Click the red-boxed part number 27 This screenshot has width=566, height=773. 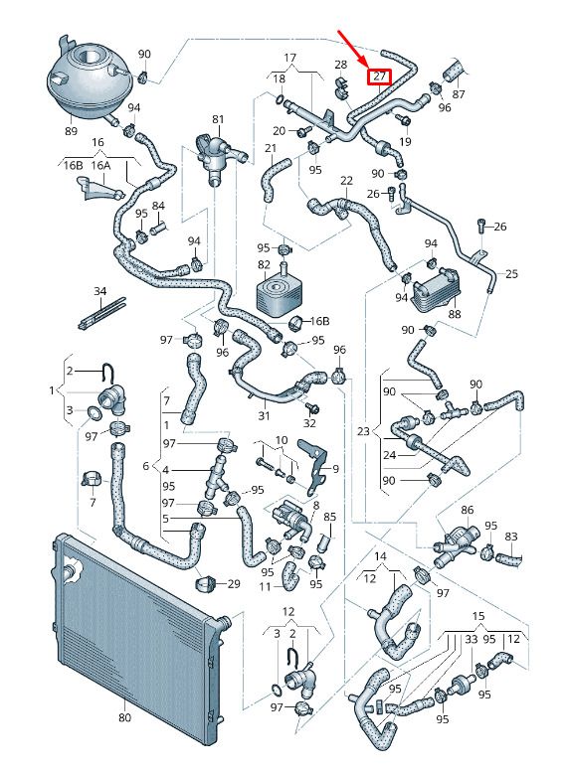pyautogui.click(x=379, y=77)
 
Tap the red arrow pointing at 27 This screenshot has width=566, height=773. pyautogui.click(x=353, y=49)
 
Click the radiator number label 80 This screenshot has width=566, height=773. pyautogui.click(x=125, y=717)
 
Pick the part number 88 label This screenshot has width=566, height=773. pyautogui.click(x=454, y=314)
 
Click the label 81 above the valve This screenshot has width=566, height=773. pyautogui.click(x=218, y=119)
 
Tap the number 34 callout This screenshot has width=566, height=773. pyautogui.click(x=100, y=291)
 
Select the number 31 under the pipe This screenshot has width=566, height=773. pyautogui.click(x=264, y=415)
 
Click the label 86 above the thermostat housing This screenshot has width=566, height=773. pyautogui.click(x=467, y=510)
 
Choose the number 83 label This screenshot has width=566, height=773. pyautogui.click(x=511, y=537)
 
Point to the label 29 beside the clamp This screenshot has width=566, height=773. pyautogui.click(x=234, y=583)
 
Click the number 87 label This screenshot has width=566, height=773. pyautogui.click(x=459, y=93)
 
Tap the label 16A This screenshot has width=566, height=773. pyautogui.click(x=100, y=165)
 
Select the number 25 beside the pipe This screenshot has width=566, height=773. pyautogui.click(x=511, y=273)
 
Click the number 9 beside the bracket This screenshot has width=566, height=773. pyautogui.click(x=335, y=469)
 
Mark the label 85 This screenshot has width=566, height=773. pyautogui.click(x=329, y=517)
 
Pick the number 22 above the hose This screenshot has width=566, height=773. pyautogui.click(x=347, y=181)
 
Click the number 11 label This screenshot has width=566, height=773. pyautogui.click(x=266, y=586)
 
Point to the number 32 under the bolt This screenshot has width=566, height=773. pyautogui.click(x=309, y=423)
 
